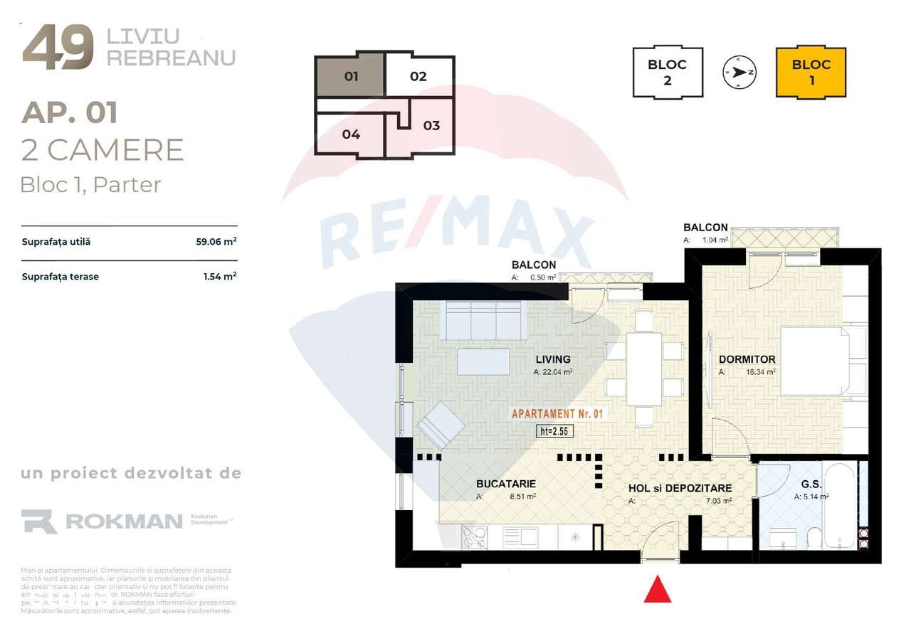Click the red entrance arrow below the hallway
tap(658, 590)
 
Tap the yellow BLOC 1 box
tap(811, 72)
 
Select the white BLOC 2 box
tap(667, 72)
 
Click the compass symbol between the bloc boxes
tap(739, 72)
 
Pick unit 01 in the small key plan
tap(350, 75)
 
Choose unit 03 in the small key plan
tap(431, 126)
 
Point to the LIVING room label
tap(553, 359)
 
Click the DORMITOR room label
tap(747, 359)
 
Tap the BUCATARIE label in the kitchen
tap(505, 484)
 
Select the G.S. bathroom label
tap(812, 484)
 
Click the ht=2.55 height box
tap(555, 430)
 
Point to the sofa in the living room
tap(483, 320)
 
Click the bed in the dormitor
tap(815, 361)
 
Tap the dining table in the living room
tap(644, 368)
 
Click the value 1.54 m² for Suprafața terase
tap(220, 276)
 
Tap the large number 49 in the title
tap(58, 48)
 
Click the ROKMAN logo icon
tap(39, 521)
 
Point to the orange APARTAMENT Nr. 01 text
tap(558, 413)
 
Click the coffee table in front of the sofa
tap(483, 361)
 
